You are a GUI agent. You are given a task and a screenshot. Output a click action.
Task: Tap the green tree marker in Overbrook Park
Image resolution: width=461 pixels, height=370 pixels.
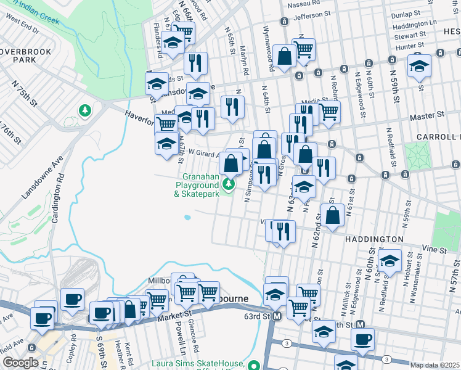click(84, 111)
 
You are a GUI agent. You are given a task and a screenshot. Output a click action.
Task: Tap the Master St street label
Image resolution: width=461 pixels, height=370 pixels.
click(431, 115)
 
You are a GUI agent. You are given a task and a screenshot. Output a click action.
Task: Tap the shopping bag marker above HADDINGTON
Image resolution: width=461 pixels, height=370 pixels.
click(332, 216)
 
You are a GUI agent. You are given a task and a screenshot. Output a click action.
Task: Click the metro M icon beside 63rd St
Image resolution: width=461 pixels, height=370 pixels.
click(277, 316)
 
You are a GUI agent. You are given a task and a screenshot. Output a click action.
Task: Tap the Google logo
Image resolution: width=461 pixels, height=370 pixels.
click(20, 363)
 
